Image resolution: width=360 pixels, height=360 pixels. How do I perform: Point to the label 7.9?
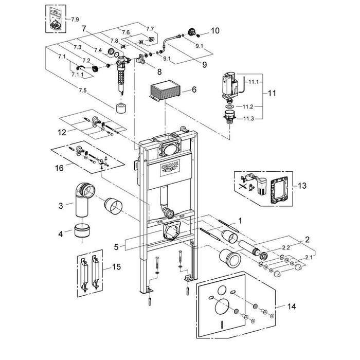click(x=75, y=19)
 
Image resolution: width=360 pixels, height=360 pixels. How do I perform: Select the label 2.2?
click(x=285, y=247)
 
